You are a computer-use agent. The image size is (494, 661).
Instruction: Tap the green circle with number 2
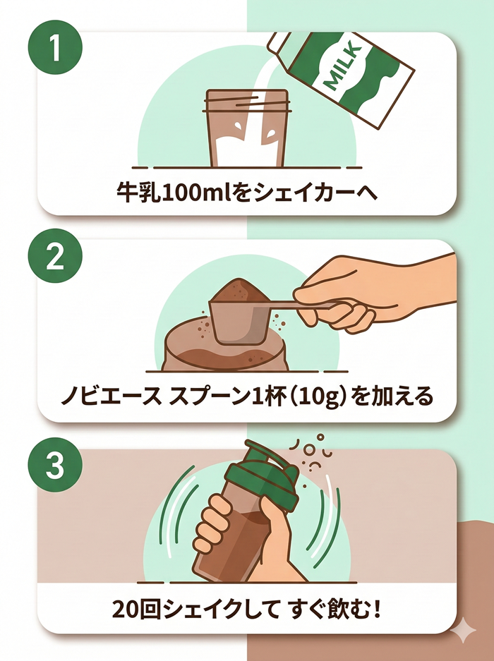tap(55, 258)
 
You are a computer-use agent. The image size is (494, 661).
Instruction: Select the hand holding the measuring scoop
tap(374, 289)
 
